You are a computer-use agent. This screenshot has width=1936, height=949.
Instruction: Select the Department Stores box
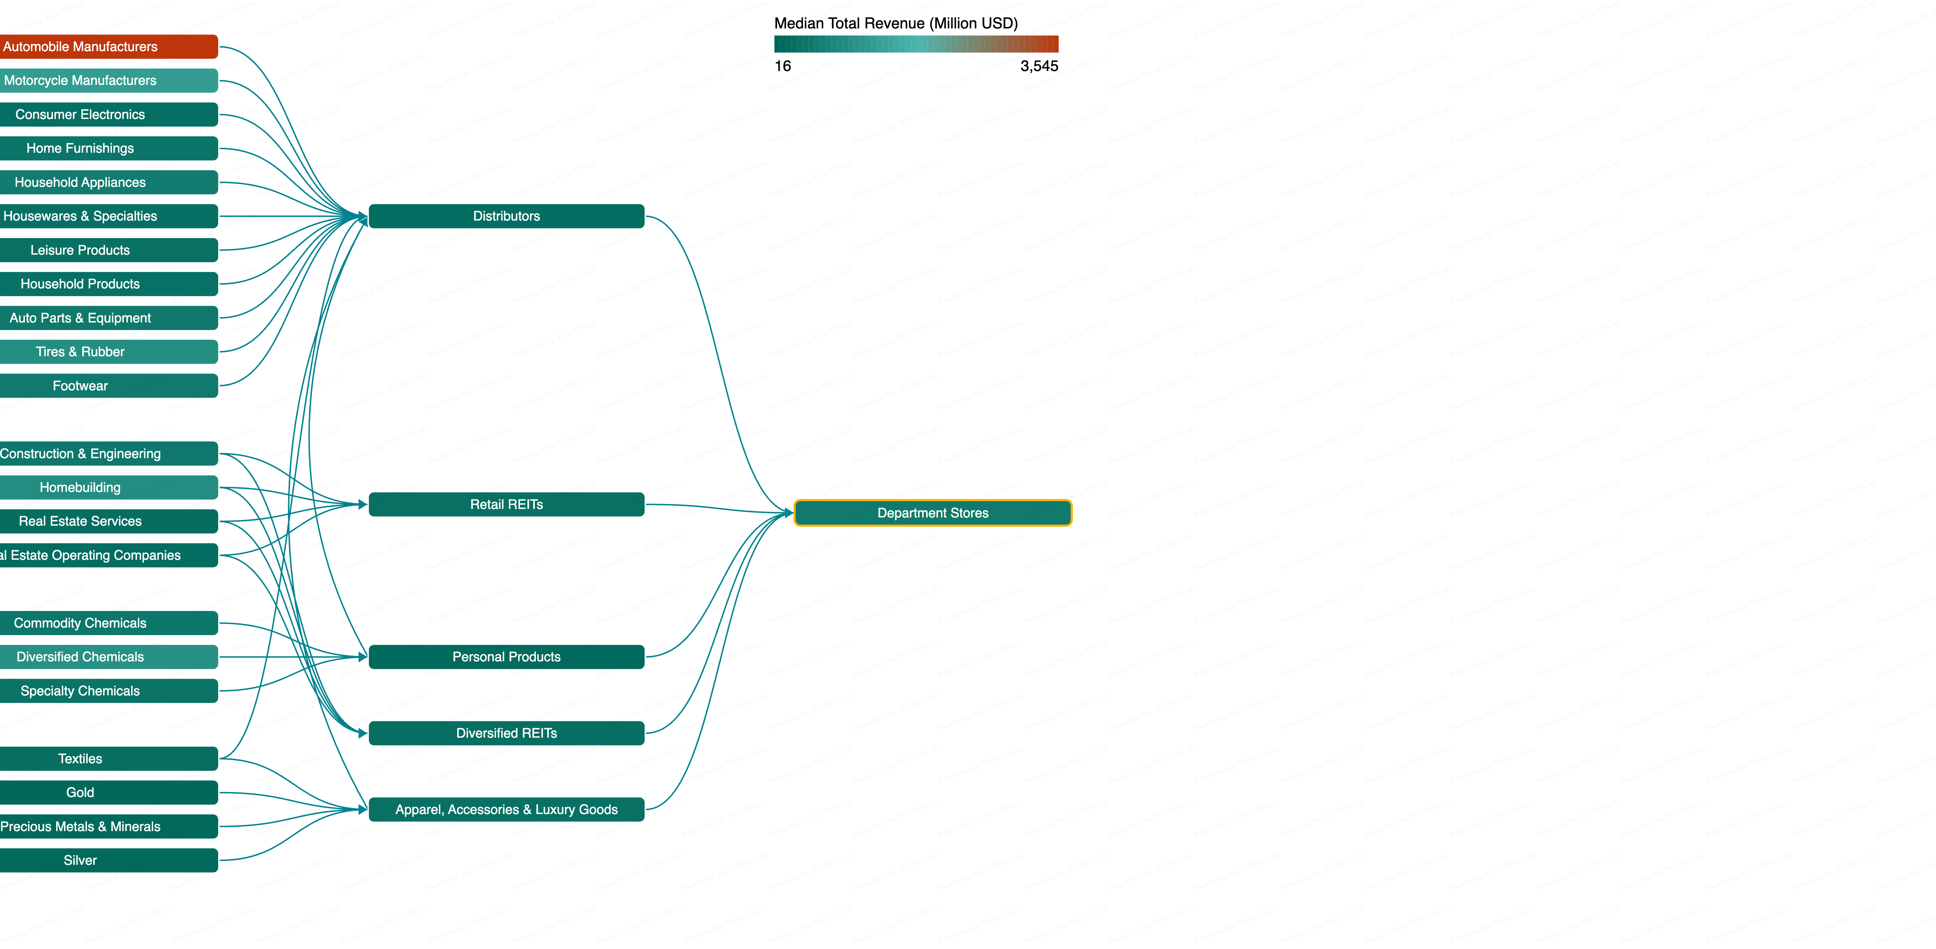933,513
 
